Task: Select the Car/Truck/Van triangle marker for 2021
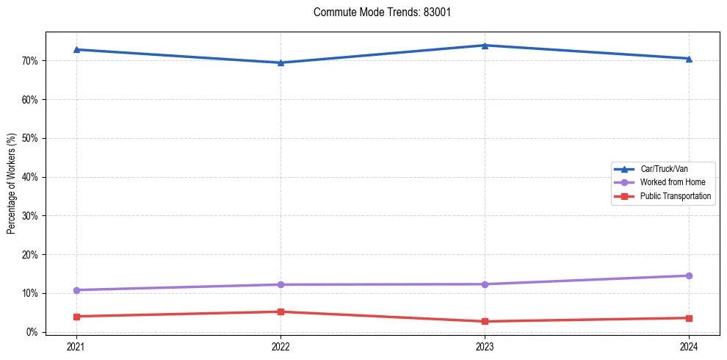point(76,49)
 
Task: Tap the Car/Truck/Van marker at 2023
point(485,46)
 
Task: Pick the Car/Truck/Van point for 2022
point(281,62)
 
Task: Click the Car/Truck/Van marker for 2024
point(689,59)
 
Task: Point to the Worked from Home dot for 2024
point(689,276)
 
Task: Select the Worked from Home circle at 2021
point(76,290)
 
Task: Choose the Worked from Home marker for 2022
point(281,284)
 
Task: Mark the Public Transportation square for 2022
point(281,312)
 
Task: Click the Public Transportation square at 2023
point(485,321)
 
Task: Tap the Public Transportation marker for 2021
point(76,317)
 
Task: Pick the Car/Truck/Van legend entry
point(664,169)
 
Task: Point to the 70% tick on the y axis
point(31,60)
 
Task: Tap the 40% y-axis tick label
point(31,177)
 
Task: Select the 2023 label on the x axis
point(485,346)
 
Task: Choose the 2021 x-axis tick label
point(76,346)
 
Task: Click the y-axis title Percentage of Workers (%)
point(12,184)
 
